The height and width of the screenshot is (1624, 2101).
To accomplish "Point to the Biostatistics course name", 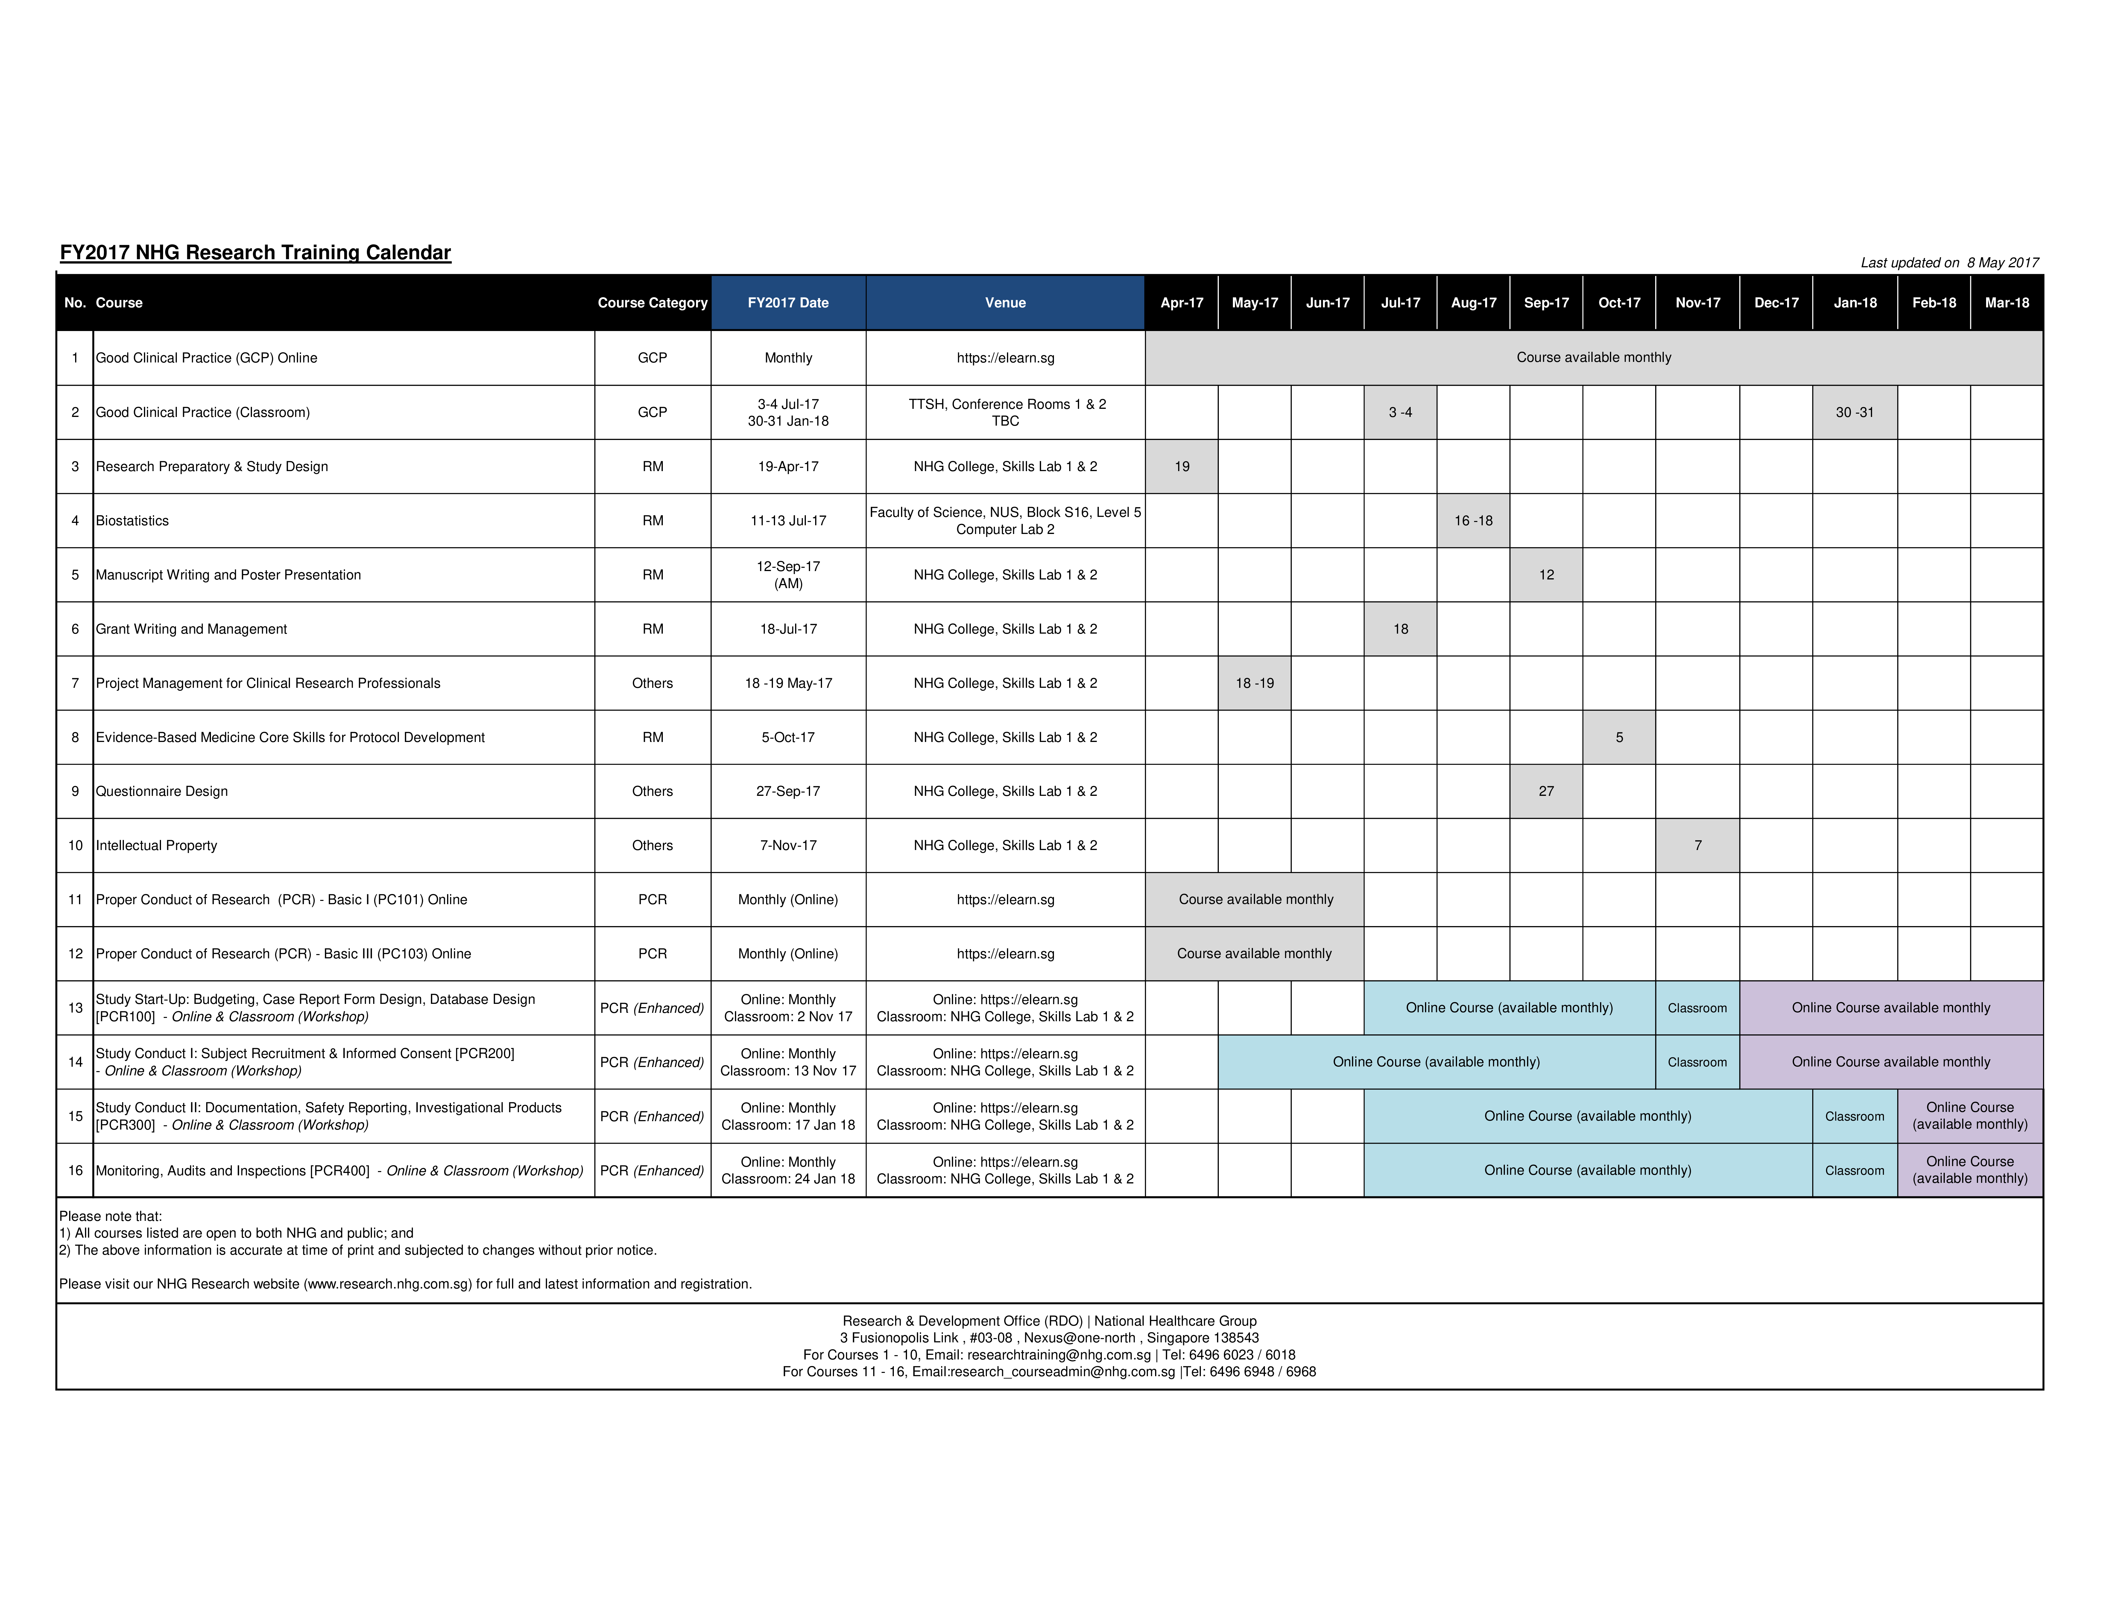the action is point(133,520).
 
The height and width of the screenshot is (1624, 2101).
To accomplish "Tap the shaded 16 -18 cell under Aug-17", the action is point(1473,520).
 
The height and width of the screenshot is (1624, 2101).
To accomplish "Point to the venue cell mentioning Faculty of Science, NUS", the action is point(1005,520).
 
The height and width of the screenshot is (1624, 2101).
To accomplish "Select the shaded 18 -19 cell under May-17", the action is point(1254,683).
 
